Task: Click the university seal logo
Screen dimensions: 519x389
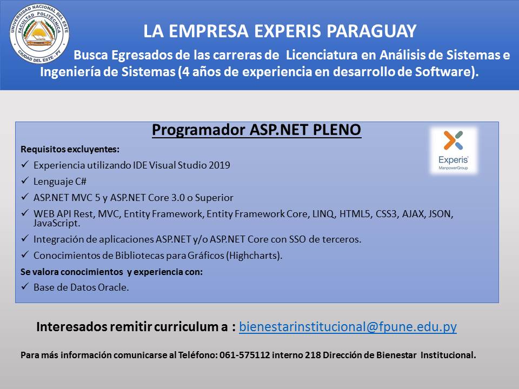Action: (39, 33)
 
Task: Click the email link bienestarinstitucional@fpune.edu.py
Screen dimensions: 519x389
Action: (348, 327)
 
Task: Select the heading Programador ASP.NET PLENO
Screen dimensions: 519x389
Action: (256, 130)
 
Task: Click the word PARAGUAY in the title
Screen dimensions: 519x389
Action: (371, 31)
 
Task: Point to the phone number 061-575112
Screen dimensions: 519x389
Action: (244, 356)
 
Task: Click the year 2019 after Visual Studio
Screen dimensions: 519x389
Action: (219, 165)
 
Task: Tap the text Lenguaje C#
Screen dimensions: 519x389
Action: (60, 182)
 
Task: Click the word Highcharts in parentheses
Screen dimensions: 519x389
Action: (254, 256)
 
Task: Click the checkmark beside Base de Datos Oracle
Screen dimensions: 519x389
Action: (25, 286)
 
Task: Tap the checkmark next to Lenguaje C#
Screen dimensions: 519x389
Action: (25, 180)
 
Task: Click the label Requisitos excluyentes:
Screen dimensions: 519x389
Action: (70, 150)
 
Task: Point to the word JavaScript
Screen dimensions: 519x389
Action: (56, 223)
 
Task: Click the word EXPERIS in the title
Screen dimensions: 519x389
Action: (287, 31)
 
